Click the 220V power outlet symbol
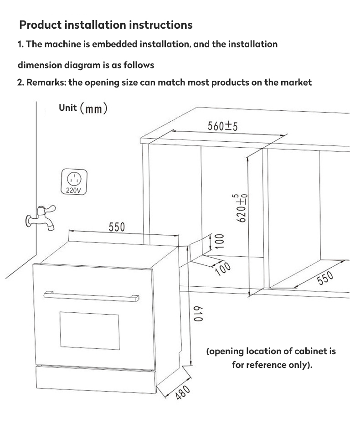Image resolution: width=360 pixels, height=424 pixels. click(x=74, y=182)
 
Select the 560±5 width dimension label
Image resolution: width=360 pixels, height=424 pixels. click(x=223, y=126)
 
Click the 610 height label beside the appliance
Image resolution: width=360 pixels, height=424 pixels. click(x=198, y=313)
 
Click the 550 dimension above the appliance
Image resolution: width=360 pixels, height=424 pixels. click(x=117, y=227)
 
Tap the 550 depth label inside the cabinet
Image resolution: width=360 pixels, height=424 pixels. click(x=325, y=277)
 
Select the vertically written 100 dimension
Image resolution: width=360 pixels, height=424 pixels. click(x=219, y=242)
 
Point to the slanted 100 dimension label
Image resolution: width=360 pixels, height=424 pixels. click(x=223, y=268)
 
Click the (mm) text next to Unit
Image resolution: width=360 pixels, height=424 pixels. click(x=93, y=109)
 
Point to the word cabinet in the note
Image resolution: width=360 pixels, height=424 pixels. click(x=310, y=352)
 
